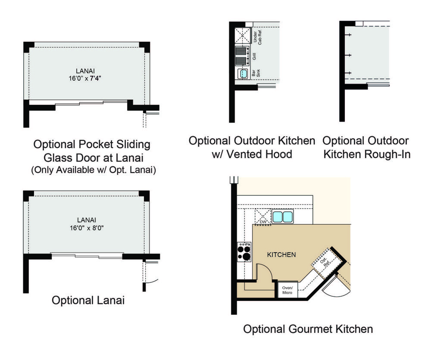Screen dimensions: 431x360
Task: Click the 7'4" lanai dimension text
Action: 95,78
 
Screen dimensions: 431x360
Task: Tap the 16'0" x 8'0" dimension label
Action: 87,228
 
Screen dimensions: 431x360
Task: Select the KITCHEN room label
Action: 281,255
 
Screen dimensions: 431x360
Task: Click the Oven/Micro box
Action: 287,290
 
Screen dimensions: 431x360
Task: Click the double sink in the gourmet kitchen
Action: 283,216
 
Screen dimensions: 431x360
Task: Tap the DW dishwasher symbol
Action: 263,217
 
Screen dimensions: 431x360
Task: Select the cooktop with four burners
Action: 244,252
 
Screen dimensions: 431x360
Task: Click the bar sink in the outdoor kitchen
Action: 243,73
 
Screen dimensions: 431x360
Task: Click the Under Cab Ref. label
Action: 257,38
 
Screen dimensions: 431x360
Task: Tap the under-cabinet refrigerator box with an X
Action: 242,35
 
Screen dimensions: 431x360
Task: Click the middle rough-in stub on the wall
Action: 348,55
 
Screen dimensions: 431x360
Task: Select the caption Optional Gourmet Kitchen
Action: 308,329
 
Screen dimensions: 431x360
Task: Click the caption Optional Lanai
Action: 88,300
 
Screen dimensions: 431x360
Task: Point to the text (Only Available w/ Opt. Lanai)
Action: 94,170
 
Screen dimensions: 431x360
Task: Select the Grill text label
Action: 254,56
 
